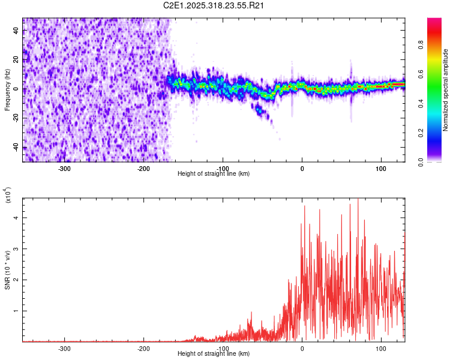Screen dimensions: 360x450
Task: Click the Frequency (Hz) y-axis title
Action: coord(7,89)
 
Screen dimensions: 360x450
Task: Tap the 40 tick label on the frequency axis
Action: coord(16,31)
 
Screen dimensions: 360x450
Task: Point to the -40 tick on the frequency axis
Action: coord(16,147)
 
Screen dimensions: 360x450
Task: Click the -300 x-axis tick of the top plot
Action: coord(65,169)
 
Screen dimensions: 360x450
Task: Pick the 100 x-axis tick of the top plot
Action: coord(381,169)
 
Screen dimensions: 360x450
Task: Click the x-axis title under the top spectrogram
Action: coord(214,174)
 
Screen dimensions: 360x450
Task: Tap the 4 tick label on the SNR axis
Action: coord(18,217)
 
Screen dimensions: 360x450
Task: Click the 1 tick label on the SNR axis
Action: coord(18,311)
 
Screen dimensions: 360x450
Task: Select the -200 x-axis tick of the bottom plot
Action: coord(144,349)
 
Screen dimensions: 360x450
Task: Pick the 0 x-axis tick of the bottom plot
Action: coord(302,349)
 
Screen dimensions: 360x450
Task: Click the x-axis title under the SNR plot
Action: coord(214,354)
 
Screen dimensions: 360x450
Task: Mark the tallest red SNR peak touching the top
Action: coord(358,200)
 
